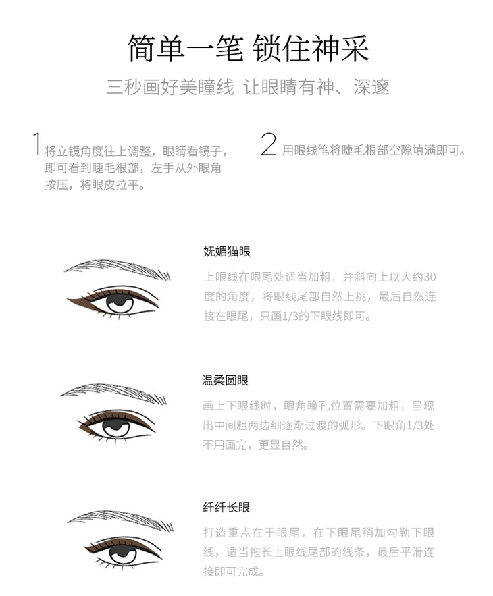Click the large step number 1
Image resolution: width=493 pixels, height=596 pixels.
[x=37, y=144]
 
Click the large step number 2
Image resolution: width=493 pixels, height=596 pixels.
[x=269, y=144]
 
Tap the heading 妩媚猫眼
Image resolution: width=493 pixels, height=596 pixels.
[x=227, y=252]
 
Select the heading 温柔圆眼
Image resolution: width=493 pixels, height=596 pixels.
[x=225, y=380]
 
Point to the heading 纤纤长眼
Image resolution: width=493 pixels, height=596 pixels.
[x=226, y=507]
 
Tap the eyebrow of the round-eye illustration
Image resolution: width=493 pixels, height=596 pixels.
[x=114, y=392]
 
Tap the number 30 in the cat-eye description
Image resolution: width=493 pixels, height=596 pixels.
[x=430, y=277]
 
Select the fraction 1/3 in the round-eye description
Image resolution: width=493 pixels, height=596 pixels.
[x=415, y=425]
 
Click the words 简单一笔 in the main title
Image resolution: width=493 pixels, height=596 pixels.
[x=185, y=49]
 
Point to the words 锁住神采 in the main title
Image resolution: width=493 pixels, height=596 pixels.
[x=311, y=49]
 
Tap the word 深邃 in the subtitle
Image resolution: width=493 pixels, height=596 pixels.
[x=371, y=88]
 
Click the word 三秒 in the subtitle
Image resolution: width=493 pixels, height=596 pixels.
[x=124, y=88]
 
